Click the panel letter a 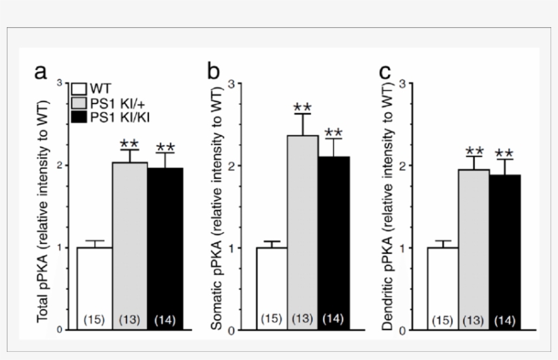[42, 72]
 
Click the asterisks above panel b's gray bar [303, 108]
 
